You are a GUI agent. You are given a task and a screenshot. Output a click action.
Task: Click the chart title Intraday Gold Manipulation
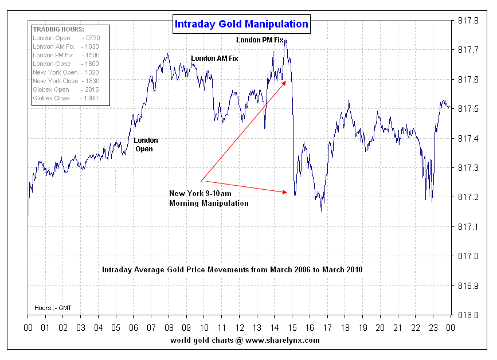click(241, 24)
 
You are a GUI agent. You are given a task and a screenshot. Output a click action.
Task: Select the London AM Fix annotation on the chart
click(214, 58)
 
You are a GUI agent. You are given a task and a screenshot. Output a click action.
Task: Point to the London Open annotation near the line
click(146, 144)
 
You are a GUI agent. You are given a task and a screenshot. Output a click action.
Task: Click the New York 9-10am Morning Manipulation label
click(209, 198)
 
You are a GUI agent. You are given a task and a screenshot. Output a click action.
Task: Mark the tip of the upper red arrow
click(287, 81)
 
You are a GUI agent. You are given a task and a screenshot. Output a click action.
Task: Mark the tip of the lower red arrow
click(288, 193)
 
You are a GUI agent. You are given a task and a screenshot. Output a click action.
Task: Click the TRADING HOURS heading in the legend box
click(58, 29)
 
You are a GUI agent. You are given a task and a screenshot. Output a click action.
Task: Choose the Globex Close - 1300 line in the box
click(65, 98)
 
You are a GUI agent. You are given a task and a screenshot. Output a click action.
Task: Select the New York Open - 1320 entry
click(65, 72)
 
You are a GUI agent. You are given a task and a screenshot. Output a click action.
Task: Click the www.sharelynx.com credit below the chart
click(245, 341)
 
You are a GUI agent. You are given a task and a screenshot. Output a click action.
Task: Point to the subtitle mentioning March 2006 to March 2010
click(232, 269)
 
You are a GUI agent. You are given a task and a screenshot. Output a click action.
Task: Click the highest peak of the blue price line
click(285, 41)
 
